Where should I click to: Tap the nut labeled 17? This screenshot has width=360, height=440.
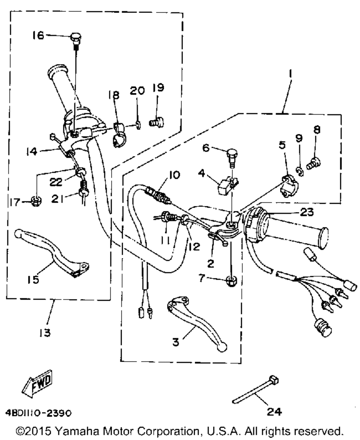(x=36, y=202)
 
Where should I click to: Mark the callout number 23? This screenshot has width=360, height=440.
(x=306, y=212)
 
